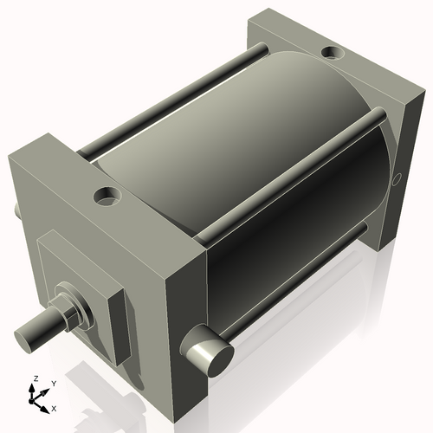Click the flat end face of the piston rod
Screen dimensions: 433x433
[x=25, y=334]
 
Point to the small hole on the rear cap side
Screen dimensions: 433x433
[x=397, y=179]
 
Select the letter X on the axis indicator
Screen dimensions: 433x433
[x=54, y=407]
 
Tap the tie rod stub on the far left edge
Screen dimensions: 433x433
[x=16, y=210]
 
